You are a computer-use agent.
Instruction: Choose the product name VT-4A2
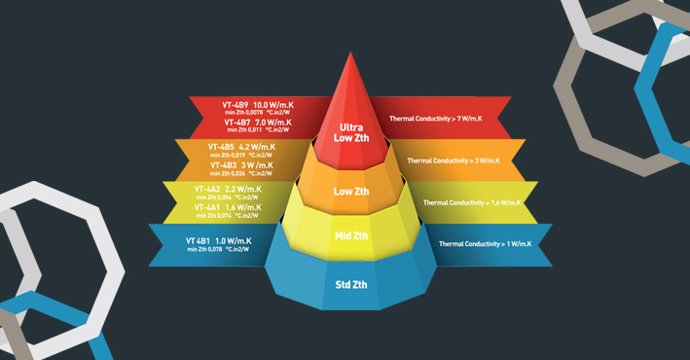click(206, 189)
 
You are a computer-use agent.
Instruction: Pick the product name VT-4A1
click(206, 207)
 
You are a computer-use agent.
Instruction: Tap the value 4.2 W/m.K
click(257, 147)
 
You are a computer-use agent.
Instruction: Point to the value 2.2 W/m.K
click(242, 189)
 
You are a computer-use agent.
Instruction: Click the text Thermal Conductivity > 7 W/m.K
click(435, 119)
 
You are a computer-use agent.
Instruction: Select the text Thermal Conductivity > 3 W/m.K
click(453, 161)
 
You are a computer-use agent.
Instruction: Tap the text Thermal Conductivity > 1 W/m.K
click(484, 244)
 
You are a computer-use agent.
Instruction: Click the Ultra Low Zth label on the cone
click(350, 132)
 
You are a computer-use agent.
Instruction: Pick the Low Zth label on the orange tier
click(350, 192)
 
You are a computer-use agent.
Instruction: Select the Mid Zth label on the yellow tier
click(350, 235)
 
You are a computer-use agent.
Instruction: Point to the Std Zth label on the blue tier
click(350, 284)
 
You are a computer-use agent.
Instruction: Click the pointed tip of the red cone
click(350, 54)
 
